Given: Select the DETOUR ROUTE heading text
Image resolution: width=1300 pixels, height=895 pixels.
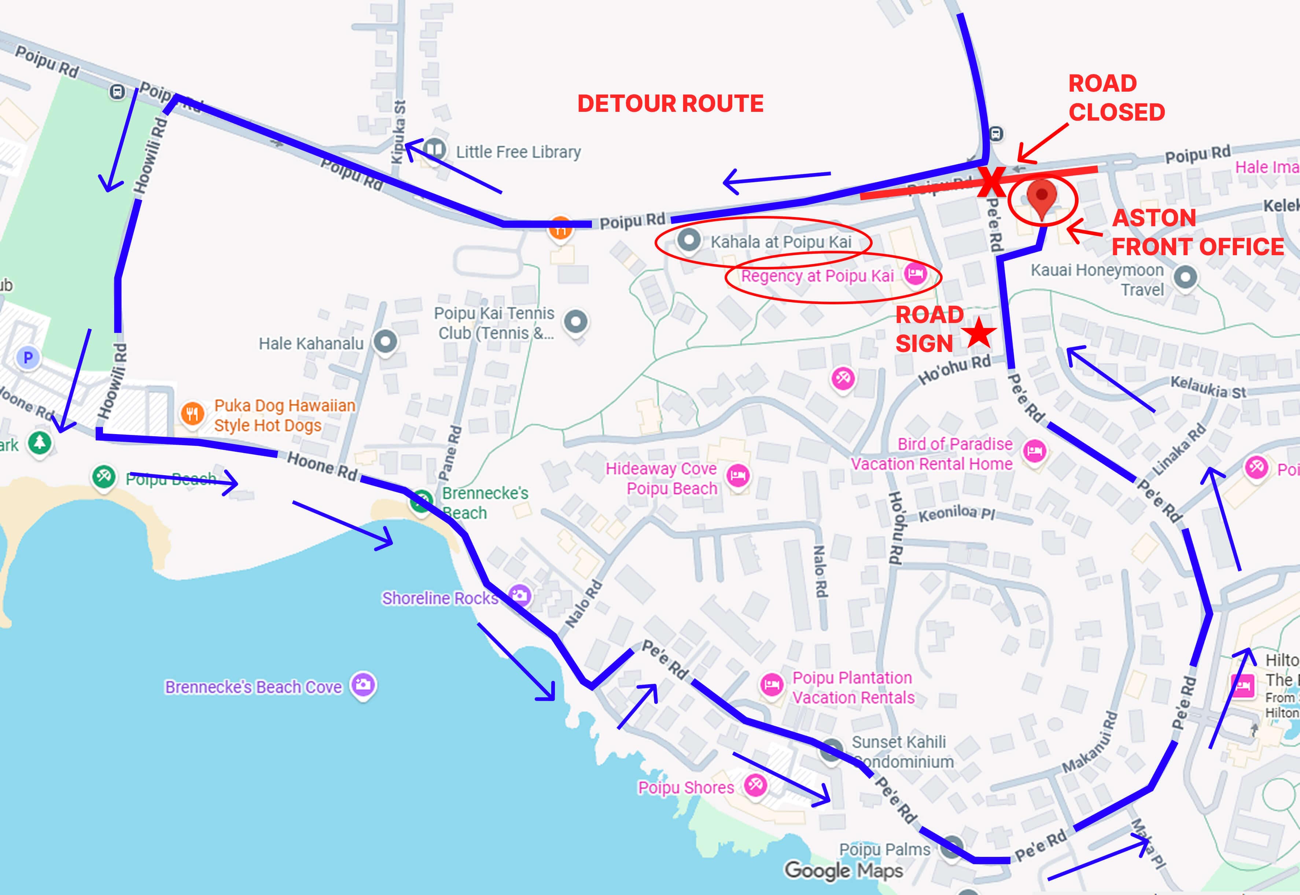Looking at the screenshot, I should pos(670,104).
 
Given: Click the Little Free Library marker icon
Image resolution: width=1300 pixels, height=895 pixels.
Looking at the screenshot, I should pos(434,150).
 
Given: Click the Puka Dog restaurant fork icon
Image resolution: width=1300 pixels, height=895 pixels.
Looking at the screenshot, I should pos(192,414).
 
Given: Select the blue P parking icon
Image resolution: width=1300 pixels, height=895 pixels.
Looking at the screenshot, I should pos(28,357).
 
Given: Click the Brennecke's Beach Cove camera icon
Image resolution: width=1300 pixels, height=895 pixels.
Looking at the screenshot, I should pos(363,684).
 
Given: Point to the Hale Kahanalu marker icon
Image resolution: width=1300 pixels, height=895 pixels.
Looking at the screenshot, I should pos(385,341).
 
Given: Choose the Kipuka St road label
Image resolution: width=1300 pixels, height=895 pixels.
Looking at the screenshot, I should pos(399,132).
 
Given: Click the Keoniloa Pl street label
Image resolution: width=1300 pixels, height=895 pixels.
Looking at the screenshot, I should pos(956,513).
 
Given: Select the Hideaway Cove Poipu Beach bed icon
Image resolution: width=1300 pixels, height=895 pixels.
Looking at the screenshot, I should pos(738,476).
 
